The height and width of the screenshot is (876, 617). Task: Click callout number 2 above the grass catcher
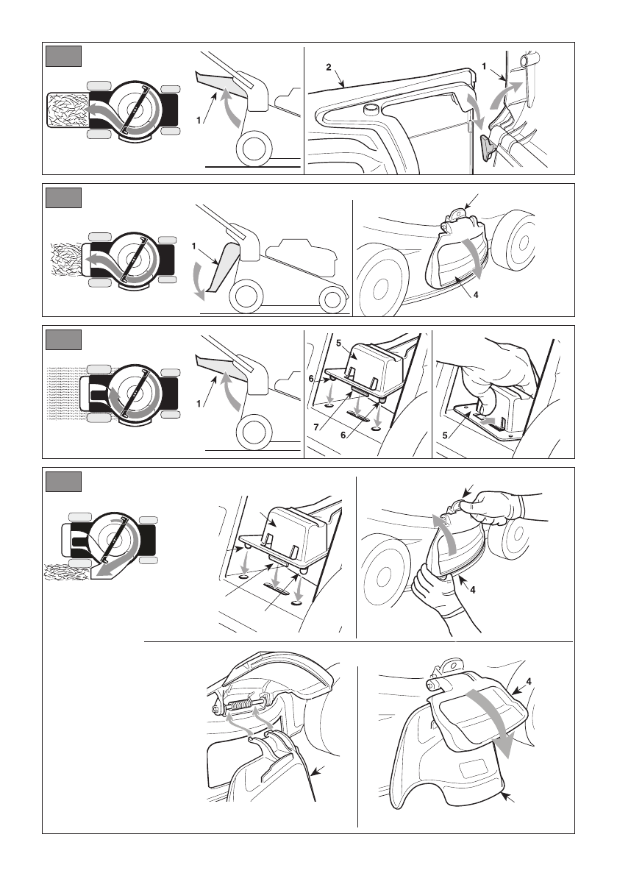click(x=329, y=67)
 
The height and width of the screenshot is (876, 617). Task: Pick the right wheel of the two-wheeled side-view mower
click(x=333, y=299)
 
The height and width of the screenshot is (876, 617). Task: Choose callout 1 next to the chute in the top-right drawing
click(x=484, y=66)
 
